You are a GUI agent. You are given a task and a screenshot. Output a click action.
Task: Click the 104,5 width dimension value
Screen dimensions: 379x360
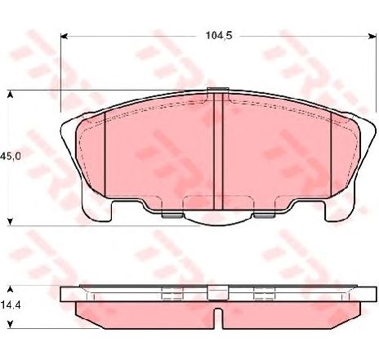tap(219, 36)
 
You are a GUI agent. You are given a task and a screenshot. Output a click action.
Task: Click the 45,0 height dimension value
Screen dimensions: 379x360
tap(11, 156)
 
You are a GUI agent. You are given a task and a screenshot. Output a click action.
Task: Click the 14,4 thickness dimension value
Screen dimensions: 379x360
tap(11, 305)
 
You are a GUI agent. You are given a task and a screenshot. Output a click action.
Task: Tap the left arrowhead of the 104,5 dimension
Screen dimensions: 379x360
tap(64, 36)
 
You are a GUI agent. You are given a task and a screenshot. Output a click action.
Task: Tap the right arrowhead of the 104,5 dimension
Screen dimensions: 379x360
tap(372, 36)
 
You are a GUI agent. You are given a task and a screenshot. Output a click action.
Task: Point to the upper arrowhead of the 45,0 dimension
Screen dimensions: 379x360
tap(10, 95)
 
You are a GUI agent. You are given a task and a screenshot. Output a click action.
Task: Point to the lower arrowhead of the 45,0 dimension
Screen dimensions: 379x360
tap(10, 221)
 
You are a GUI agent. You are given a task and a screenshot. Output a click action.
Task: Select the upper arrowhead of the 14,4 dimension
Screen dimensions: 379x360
tap(10, 289)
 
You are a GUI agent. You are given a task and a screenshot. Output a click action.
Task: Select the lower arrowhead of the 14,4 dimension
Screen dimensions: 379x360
tap(10, 324)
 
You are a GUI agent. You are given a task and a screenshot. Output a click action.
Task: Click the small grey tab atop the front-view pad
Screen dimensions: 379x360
tap(217, 90)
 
